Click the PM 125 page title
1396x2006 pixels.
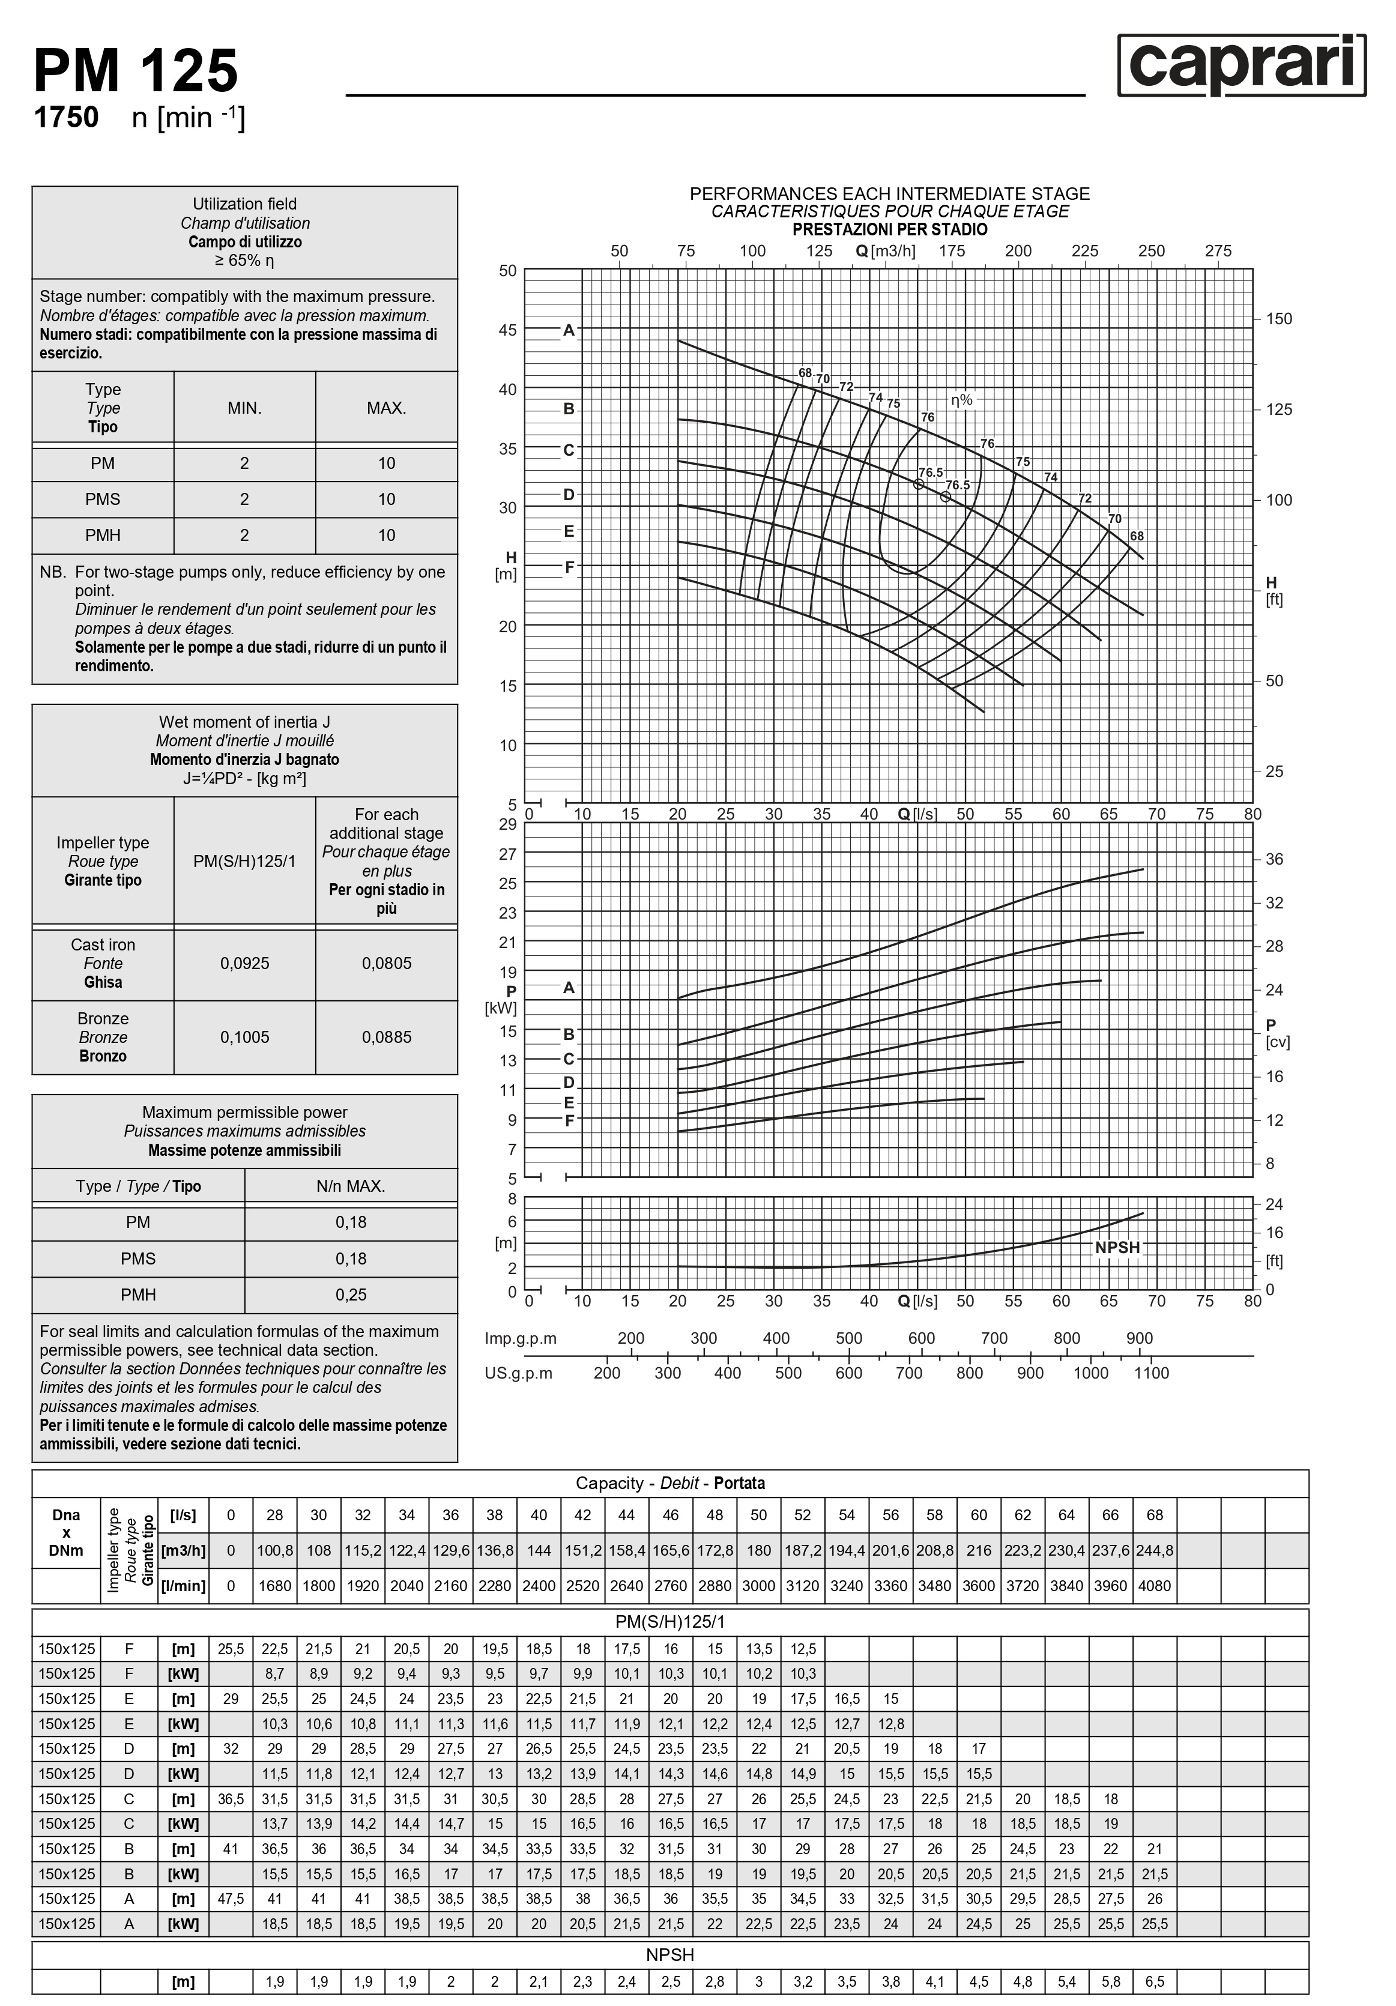(136, 71)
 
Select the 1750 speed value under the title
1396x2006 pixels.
(67, 117)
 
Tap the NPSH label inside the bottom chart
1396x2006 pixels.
(1117, 1248)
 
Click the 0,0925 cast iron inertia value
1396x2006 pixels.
(244, 963)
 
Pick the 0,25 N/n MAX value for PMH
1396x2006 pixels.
(351, 1295)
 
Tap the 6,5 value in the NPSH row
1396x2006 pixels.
(1154, 1981)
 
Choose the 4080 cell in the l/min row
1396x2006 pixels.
(1154, 1585)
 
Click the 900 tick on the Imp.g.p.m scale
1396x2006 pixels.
(1139, 1338)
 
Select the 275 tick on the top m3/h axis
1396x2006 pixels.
(1218, 251)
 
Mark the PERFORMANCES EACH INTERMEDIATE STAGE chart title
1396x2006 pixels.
(889, 193)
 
